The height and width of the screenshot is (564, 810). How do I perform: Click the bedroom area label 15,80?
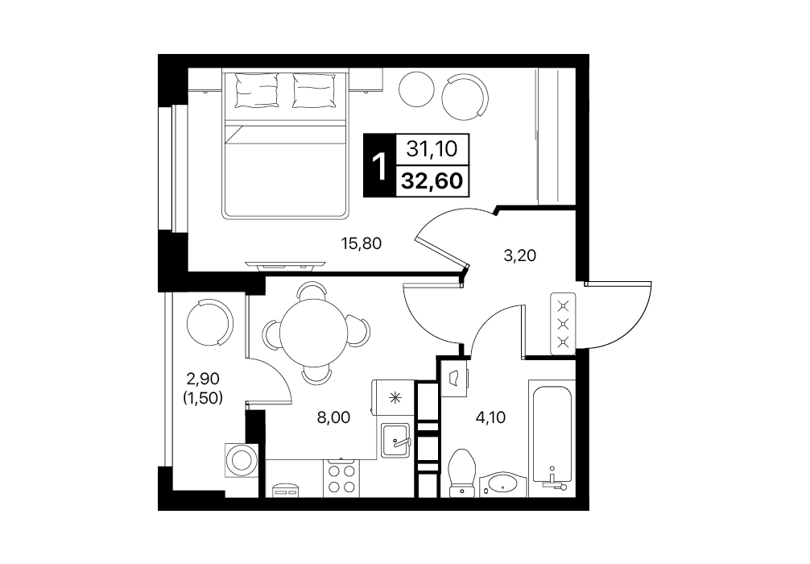pyautogui.click(x=362, y=243)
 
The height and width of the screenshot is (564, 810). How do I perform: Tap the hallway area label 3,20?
pyautogui.click(x=519, y=255)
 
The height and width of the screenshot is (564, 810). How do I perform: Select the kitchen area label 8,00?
pyautogui.click(x=333, y=417)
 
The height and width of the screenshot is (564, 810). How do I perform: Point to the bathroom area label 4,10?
pyautogui.click(x=490, y=417)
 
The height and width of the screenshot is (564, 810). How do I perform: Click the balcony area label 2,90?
pyautogui.click(x=203, y=379)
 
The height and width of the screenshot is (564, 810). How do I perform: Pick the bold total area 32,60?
pyautogui.click(x=432, y=181)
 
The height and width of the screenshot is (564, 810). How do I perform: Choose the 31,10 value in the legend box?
pyautogui.click(x=432, y=149)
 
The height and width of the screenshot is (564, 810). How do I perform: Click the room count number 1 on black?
pyautogui.click(x=380, y=165)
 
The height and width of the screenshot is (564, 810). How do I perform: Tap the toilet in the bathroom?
pyautogui.click(x=462, y=472)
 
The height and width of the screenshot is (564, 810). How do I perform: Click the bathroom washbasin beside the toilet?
pyautogui.click(x=502, y=485)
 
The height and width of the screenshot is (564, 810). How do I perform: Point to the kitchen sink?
pyautogui.click(x=395, y=440)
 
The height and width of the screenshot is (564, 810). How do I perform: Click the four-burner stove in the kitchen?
pyautogui.click(x=341, y=478)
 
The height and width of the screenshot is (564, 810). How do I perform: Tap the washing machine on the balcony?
pyautogui.click(x=242, y=458)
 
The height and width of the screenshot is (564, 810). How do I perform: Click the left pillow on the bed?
pyautogui.click(x=257, y=90)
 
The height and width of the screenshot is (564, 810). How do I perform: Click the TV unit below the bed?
pyautogui.click(x=286, y=266)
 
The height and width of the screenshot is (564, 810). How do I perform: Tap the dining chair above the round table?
pyautogui.click(x=312, y=291)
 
